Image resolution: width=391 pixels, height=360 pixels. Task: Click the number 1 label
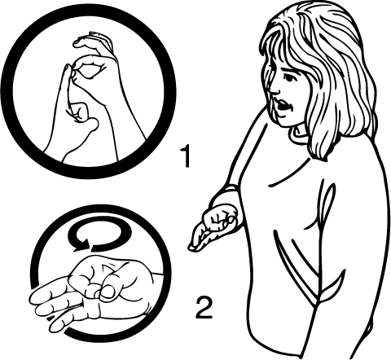pyautogui.click(x=187, y=156)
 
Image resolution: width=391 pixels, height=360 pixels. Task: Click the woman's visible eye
pyautogui.click(x=289, y=78)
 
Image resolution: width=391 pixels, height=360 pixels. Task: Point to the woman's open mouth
pyautogui.click(x=283, y=105)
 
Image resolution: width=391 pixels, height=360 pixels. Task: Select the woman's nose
pyautogui.click(x=274, y=89)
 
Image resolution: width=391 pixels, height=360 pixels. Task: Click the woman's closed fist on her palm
pyautogui.click(x=221, y=218)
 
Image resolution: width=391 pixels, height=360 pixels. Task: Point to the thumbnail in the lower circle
pyautogui.click(x=109, y=292)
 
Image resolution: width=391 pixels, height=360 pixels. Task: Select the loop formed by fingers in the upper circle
pyautogui.click(x=87, y=69)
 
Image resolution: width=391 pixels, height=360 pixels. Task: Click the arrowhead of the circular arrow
pyautogui.click(x=83, y=244)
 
